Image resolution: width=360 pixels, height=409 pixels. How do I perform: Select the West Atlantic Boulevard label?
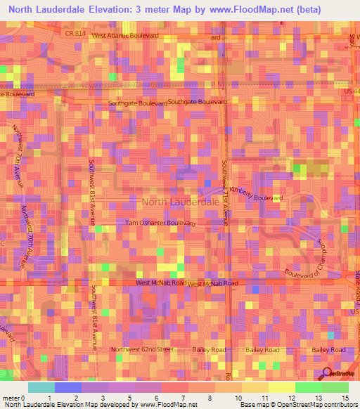[x=125, y=34]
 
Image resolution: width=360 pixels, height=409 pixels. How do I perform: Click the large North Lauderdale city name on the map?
[x=181, y=202]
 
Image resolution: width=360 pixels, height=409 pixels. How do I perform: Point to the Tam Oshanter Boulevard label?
[x=159, y=223]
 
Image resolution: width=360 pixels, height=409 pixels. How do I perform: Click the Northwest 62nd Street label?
[x=142, y=349]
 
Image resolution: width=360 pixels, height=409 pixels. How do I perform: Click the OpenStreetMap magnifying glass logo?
[x=328, y=373]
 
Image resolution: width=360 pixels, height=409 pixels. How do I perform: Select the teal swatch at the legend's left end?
[x=41, y=387]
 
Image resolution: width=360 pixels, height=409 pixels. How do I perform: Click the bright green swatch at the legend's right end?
[x=335, y=387]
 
